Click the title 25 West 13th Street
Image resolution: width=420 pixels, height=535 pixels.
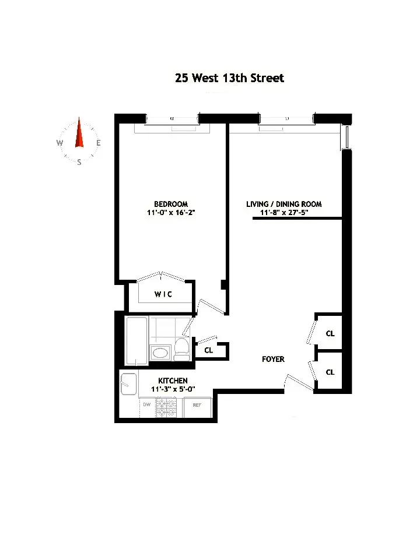pos(229,78)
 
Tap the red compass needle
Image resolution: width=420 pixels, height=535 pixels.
pos(79,135)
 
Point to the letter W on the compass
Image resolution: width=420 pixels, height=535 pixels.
pos(60,143)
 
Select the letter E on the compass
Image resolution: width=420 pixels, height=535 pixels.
pos(99,143)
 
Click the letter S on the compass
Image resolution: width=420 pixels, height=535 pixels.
pos(79,163)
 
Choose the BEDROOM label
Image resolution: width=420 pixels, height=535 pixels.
pos(171,204)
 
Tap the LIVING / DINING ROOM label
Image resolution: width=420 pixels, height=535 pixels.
pos(284,204)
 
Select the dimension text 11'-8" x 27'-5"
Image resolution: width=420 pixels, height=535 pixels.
pos(284,213)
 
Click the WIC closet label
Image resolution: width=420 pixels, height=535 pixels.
pos(163,295)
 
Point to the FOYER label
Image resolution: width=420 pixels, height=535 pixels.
pos(273,359)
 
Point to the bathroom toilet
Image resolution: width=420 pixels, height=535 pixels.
pos(181,349)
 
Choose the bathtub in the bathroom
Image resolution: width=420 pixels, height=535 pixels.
pos(137,341)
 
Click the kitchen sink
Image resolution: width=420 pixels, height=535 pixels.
pos(128,384)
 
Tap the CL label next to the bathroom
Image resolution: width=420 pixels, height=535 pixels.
pos(208,351)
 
